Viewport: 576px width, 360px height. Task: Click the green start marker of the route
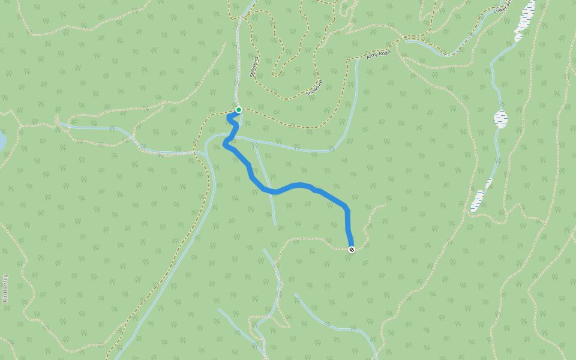239,110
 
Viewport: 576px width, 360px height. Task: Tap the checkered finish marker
351,250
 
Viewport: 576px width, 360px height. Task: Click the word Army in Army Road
373,56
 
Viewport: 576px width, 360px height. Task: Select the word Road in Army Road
385,53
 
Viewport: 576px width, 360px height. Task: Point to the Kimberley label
5,288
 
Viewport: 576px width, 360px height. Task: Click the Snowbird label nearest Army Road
314,88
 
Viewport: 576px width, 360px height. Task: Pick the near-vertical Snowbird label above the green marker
254,65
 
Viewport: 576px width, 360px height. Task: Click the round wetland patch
500,118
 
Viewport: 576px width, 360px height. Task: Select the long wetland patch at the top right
525,18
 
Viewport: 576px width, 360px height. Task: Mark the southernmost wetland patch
478,200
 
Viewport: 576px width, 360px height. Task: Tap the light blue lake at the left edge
2,142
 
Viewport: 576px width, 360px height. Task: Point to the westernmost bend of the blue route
225,143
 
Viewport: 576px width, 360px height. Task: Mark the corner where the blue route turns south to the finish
347,208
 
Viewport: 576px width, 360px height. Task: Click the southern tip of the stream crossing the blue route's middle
275,224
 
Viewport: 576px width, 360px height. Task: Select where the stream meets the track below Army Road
358,59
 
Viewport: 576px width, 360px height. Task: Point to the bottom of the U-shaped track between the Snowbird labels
277,76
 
